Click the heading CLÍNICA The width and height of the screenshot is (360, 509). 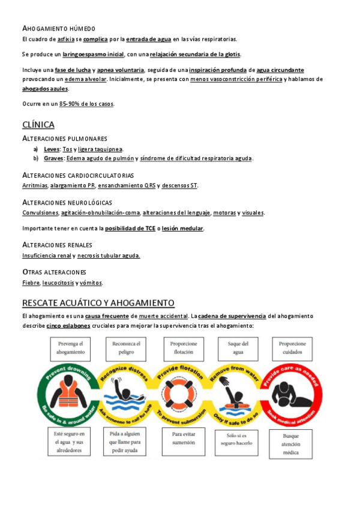(x=38, y=125)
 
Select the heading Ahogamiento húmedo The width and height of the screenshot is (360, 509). (x=58, y=29)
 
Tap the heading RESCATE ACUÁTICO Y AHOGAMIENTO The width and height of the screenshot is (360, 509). (x=98, y=303)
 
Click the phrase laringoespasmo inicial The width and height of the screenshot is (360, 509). (x=93, y=54)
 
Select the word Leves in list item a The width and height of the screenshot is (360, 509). (x=52, y=149)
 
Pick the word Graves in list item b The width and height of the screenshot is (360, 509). (x=54, y=158)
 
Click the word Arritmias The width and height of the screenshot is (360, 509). (x=35, y=185)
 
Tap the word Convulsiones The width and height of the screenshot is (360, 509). (x=40, y=212)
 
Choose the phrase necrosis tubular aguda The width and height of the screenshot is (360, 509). (x=109, y=256)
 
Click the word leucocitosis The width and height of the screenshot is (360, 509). (x=58, y=283)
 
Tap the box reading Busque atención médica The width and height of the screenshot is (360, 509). (x=291, y=444)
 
